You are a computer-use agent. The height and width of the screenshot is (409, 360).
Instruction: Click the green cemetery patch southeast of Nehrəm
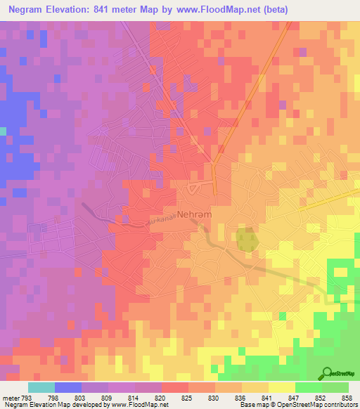[x=245, y=240]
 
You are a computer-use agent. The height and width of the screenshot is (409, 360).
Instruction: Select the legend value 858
[x=347, y=397]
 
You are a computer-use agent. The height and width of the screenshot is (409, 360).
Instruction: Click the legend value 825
[x=187, y=397]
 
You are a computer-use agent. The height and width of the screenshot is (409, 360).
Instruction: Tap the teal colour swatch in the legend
[x=41, y=387]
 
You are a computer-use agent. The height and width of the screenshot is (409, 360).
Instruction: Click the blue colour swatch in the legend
[x=67, y=387]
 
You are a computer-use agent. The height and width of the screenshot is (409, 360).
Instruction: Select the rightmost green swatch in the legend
[x=335, y=387]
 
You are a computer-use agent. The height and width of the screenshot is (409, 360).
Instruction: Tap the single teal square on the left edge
[x=3, y=131]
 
